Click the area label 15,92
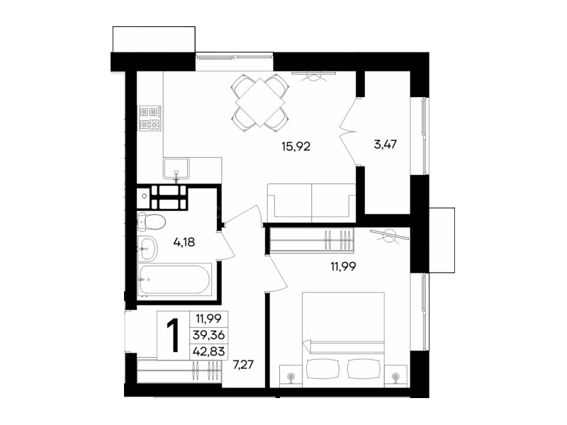tap(296, 147)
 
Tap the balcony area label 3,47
tap(385, 144)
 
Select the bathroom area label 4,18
tap(184, 242)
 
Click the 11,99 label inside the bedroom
tap(343, 266)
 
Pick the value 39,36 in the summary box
tap(208, 335)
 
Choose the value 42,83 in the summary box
tap(208, 351)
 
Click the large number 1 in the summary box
tap(173, 336)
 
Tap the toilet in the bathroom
tap(151, 222)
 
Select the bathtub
tap(174, 280)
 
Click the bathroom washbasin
tap(147, 249)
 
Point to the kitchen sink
tap(176, 169)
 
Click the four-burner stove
tap(150, 118)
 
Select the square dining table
tap(260, 102)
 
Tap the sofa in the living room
tap(311, 203)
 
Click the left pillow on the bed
tap(323, 368)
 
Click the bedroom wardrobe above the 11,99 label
tap(311, 239)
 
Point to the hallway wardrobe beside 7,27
tap(179, 370)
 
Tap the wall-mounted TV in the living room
tap(314, 74)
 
